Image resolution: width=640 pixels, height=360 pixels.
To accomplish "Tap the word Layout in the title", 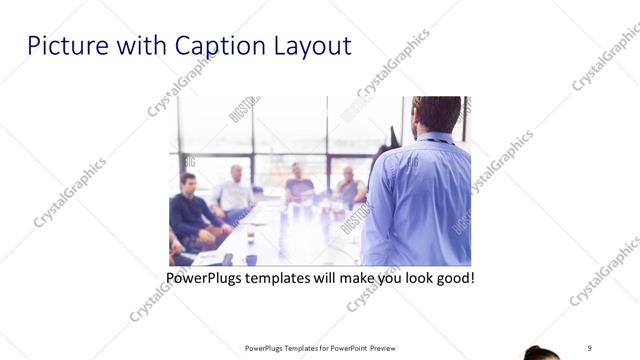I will (x=311, y=46).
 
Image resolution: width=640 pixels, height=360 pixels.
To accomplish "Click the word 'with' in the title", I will (x=141, y=46).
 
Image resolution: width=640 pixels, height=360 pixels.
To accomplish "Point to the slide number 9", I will (x=590, y=347).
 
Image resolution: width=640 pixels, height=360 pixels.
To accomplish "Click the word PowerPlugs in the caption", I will (x=206, y=277).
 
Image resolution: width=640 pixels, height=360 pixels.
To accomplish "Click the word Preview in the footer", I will (x=389, y=348).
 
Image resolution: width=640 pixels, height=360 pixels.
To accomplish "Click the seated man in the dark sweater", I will (x=191, y=212).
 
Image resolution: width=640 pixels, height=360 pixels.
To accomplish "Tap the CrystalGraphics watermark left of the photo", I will (x=70, y=193).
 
